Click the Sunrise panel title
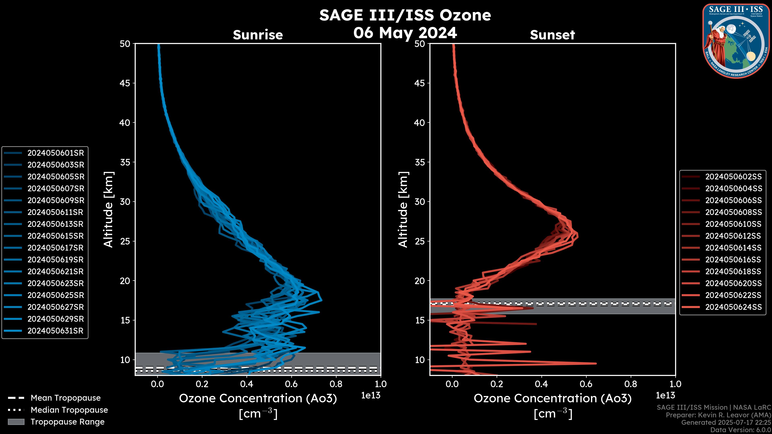[258, 35]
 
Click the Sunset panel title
[552, 35]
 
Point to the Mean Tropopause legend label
[66, 398]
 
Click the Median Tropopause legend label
[69, 410]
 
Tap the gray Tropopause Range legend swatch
[16, 422]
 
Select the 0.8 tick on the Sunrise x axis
[336, 384]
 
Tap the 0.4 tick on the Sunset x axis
[541, 384]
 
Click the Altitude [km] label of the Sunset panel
[403, 210]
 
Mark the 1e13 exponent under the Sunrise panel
[371, 396]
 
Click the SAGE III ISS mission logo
[736, 41]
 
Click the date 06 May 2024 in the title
[405, 33]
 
